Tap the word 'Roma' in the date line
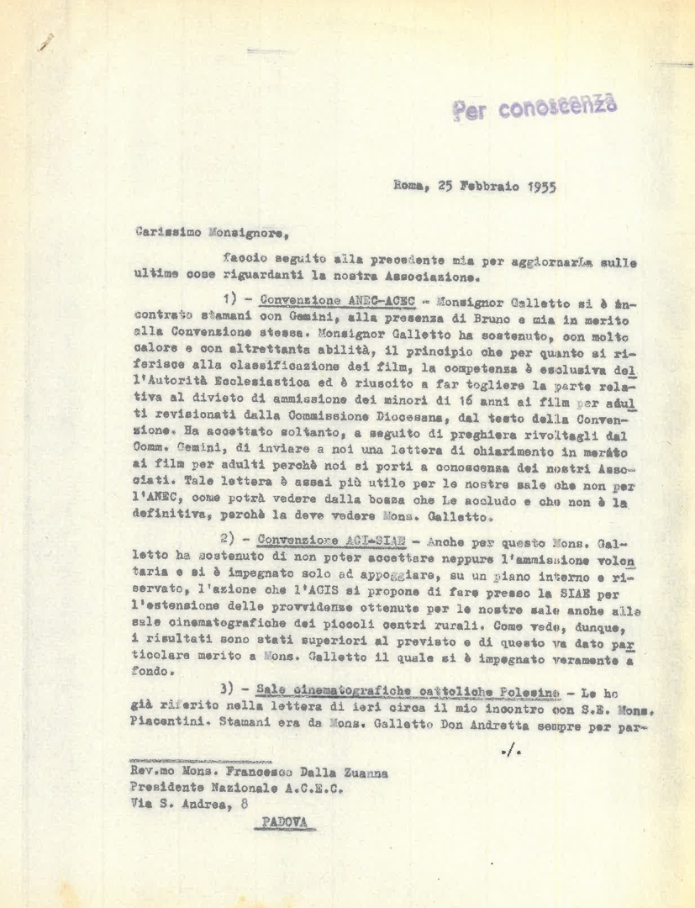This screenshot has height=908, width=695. tap(412, 188)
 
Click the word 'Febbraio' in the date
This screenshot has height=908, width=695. tap(488, 188)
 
